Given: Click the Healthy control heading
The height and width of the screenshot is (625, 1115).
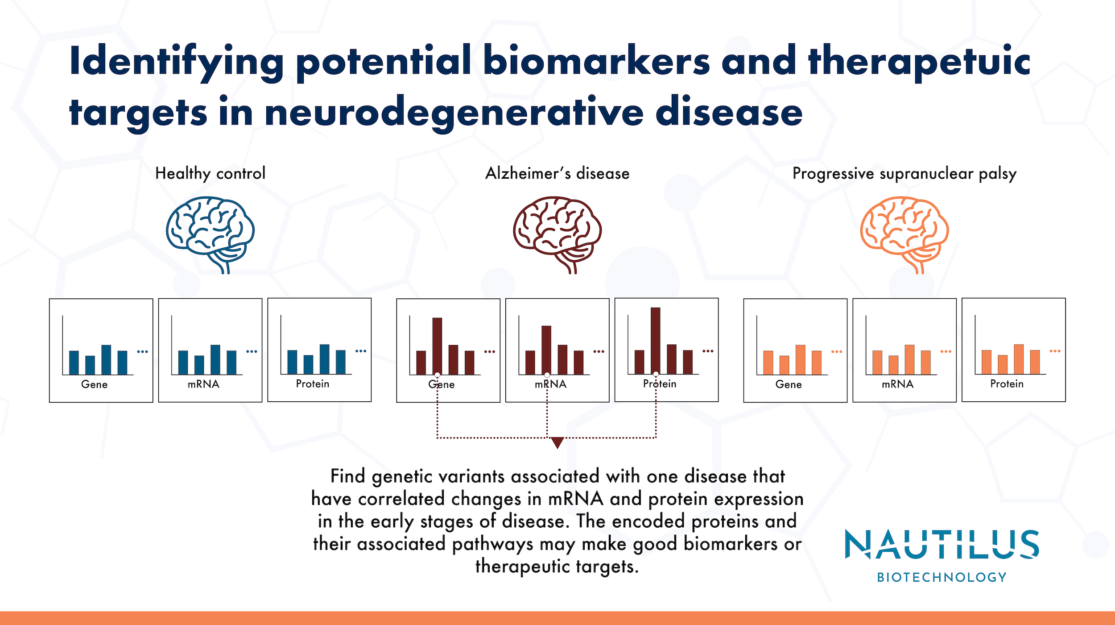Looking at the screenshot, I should (x=210, y=173).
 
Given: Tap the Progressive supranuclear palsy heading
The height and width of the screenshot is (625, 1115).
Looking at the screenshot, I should (x=904, y=173).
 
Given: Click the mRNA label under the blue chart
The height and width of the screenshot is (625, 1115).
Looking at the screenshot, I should (x=203, y=384).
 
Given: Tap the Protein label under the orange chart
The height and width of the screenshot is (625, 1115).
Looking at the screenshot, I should (x=1007, y=384).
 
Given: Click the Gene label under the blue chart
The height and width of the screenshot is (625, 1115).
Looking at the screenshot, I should (x=94, y=384).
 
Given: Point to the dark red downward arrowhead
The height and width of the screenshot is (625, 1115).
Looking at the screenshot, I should (x=557, y=442).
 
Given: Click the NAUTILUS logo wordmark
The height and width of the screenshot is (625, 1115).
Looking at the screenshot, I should (x=942, y=545).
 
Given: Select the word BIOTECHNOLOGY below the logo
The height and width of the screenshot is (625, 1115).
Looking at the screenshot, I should (x=942, y=577).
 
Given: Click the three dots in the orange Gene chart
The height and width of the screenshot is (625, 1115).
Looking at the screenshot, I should (x=837, y=352).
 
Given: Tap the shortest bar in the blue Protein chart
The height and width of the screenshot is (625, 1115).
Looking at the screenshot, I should (x=308, y=364).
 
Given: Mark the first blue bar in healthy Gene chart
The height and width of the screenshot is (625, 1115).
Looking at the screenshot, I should (x=74, y=362).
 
